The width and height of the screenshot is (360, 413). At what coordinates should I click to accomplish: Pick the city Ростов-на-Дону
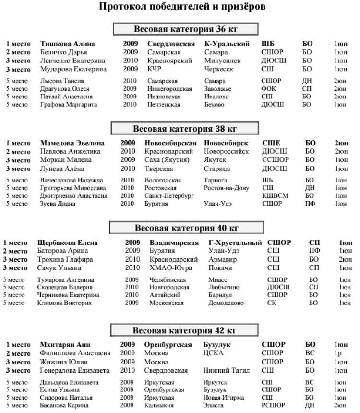[x=226, y=188]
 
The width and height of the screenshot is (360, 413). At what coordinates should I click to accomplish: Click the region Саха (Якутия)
[x=167, y=159]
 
